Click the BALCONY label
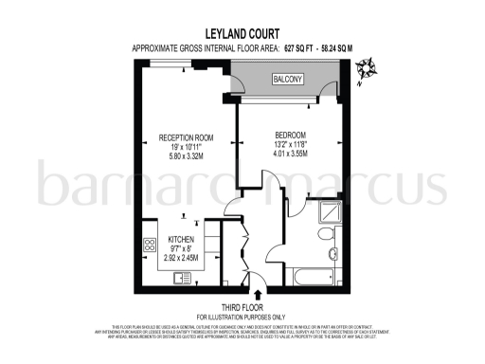(x=288, y=80)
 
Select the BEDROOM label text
(x=291, y=135)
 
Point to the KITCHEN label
(x=181, y=240)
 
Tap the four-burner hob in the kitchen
(x=150, y=246)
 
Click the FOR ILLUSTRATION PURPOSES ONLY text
(x=242, y=316)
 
